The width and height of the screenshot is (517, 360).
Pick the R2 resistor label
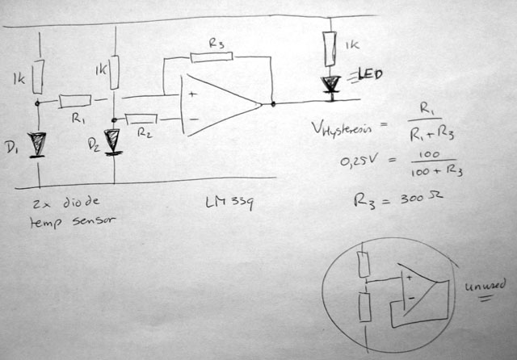point(144,133)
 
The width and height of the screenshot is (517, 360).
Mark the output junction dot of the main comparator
point(273,103)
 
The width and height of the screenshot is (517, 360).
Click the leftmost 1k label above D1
point(19,80)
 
